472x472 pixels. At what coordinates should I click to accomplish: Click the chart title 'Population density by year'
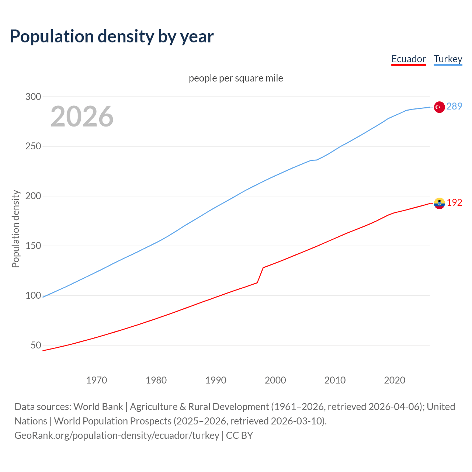(x=112, y=37)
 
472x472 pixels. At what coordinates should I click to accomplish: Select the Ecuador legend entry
(x=408, y=59)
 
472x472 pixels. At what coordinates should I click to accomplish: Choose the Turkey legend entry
(x=448, y=59)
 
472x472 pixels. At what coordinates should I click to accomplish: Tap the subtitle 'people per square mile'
(x=236, y=78)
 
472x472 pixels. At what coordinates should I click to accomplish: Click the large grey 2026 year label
(x=82, y=117)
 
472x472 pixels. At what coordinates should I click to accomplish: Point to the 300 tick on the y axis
(x=33, y=97)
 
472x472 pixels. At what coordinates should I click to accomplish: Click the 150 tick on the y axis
(x=33, y=246)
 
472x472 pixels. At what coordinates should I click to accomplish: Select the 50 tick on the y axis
(x=36, y=345)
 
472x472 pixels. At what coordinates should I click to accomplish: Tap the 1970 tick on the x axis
(x=97, y=380)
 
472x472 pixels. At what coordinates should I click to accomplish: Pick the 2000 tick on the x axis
(x=275, y=380)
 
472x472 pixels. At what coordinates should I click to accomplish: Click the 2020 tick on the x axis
(x=395, y=380)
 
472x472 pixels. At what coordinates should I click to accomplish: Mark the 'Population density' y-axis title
(x=15, y=229)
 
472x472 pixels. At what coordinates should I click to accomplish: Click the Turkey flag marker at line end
(x=439, y=107)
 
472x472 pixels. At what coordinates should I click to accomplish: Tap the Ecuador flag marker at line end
(x=439, y=203)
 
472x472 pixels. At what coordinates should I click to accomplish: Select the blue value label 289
(x=454, y=107)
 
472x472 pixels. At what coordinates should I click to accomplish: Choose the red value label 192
(x=454, y=202)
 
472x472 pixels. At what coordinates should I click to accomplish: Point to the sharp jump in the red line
(x=260, y=275)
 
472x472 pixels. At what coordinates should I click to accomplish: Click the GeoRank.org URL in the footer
(x=117, y=435)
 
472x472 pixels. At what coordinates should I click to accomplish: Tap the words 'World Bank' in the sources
(x=98, y=406)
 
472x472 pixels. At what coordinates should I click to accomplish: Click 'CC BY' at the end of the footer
(x=239, y=435)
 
